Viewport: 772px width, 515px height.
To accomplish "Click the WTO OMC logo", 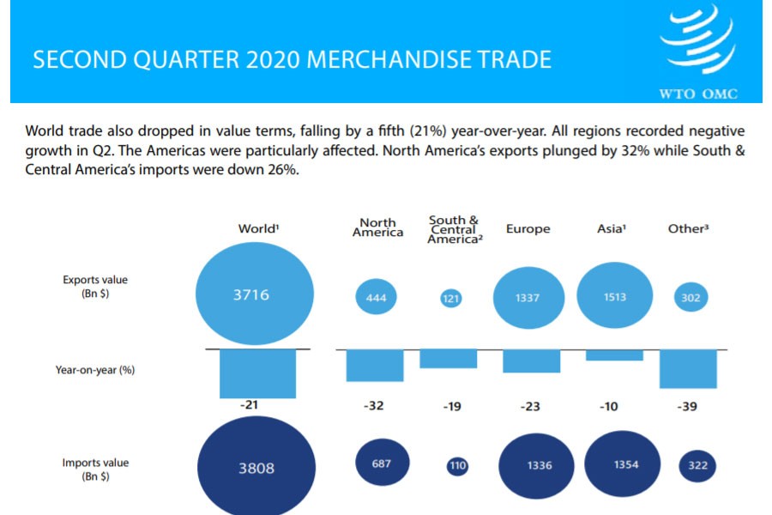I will click(697, 51).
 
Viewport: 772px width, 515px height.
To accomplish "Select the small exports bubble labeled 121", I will click(451, 299).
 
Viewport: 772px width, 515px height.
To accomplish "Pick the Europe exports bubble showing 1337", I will click(528, 297).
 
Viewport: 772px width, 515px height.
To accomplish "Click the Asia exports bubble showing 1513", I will click(613, 296).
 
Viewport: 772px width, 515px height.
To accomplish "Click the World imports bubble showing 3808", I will click(256, 468).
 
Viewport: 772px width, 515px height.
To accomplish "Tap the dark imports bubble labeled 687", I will click(382, 463).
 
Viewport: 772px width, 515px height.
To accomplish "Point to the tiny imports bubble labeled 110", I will click(457, 466).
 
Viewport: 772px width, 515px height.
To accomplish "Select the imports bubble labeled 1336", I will click(540, 464).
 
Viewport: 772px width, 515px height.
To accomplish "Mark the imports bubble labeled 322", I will click(697, 465).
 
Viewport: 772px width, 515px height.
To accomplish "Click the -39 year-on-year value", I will click(688, 406).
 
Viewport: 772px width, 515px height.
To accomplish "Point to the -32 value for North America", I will click(373, 406).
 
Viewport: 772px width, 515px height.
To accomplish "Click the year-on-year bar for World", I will click(257, 373).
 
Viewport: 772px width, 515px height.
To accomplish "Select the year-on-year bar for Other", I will click(688, 368).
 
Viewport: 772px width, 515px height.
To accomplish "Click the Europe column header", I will click(528, 229).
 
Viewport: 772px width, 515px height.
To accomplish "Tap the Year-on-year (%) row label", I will click(95, 370).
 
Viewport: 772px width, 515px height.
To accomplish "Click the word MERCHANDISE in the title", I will click(377, 60).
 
